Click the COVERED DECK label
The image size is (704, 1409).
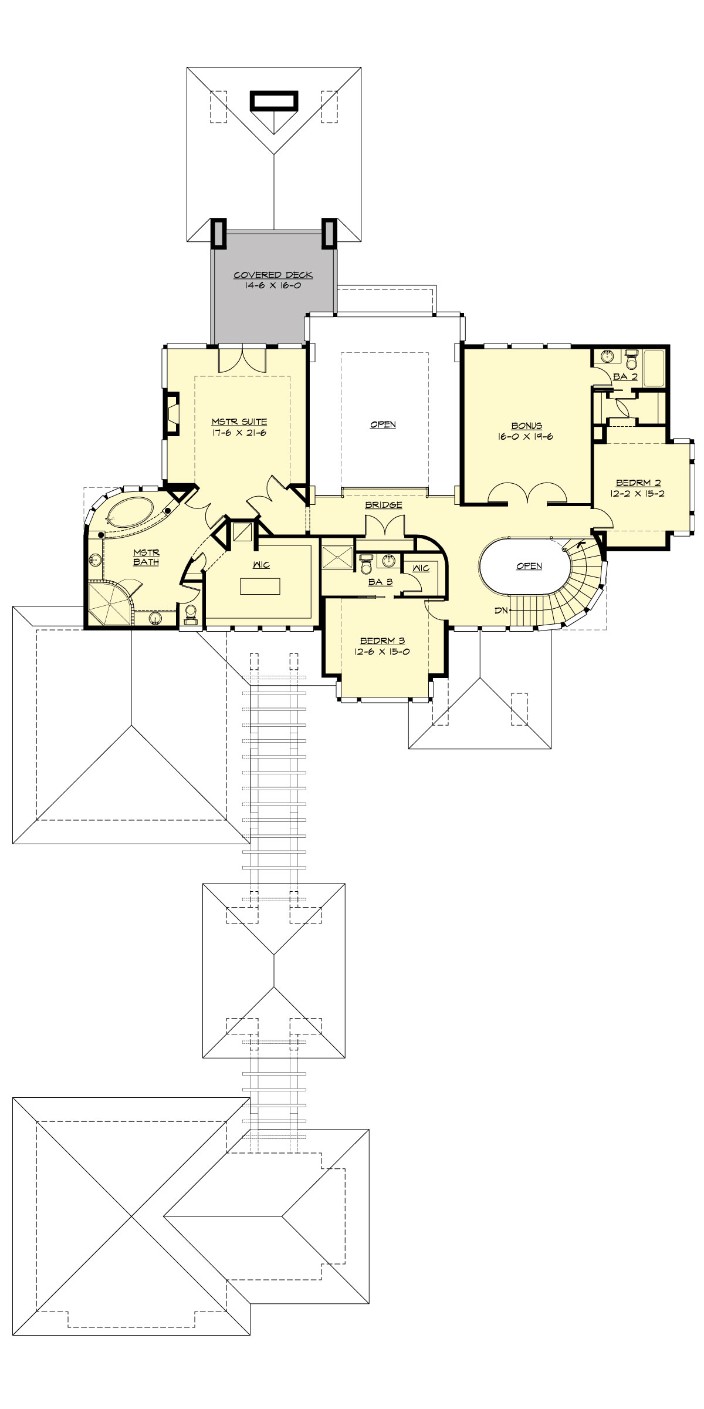pos(273,275)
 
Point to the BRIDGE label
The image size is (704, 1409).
pos(383,505)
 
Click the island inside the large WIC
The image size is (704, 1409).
pos(260,586)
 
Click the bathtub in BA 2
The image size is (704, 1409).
pos(654,369)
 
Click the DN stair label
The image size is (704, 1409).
pos(500,611)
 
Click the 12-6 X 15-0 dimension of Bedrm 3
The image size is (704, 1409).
pos(383,651)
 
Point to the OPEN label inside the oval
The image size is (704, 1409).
pos(529,566)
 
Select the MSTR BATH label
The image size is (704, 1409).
pos(146,557)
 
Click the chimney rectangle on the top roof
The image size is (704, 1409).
pos(274,100)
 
